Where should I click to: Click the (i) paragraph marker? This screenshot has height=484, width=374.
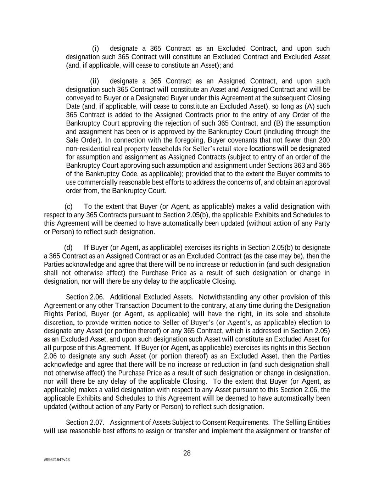(95, 48)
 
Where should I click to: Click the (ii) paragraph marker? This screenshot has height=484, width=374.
(94, 81)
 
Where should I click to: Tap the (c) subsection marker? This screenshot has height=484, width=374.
(69, 206)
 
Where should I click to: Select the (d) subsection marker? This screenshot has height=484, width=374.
(68, 247)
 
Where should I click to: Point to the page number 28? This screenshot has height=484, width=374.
(187, 453)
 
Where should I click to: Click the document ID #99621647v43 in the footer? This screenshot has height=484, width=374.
(57, 460)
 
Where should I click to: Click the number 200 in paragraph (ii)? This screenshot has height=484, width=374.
(324, 140)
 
